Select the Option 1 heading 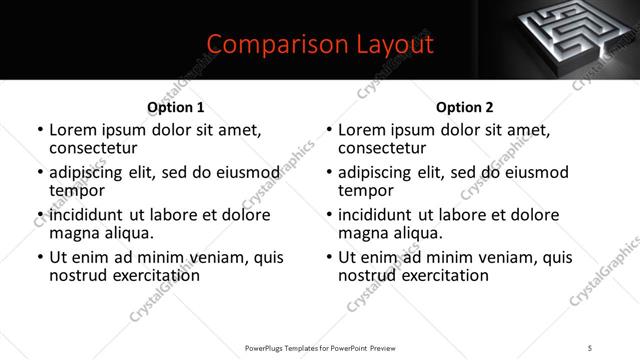(x=175, y=107)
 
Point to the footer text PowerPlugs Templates (x=296, y=348)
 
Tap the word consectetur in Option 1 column (x=95, y=148)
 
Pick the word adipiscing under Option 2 (x=378, y=172)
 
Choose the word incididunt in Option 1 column (x=90, y=215)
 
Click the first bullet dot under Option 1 (x=39, y=131)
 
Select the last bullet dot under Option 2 (x=329, y=258)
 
